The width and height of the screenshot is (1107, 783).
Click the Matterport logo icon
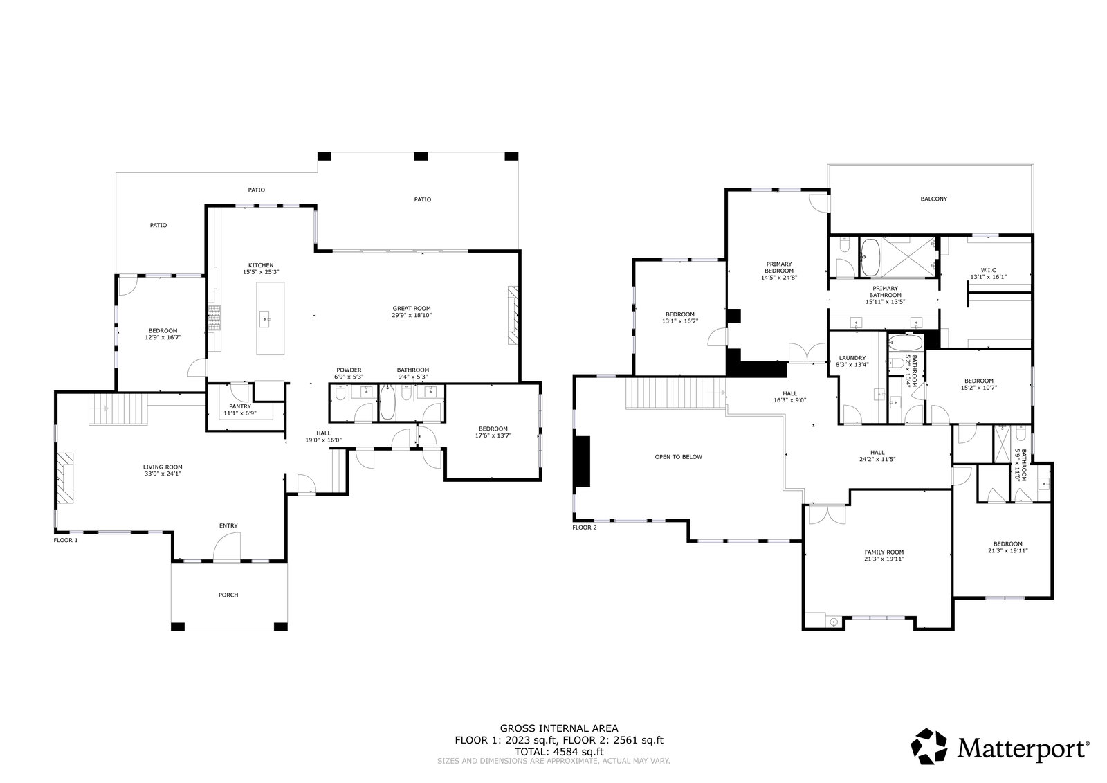929,746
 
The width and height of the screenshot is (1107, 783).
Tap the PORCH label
228,595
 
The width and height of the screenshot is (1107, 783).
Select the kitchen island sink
266,319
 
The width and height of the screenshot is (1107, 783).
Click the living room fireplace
65,478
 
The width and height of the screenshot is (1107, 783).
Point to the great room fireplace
513,314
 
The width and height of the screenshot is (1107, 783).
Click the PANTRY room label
239,406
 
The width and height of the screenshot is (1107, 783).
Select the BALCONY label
933,199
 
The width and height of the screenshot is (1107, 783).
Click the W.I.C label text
989,270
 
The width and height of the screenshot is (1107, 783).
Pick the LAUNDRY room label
852,358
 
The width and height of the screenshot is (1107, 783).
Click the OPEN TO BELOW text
678,456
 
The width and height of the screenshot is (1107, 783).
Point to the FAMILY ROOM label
884,552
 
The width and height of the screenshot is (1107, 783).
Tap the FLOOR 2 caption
584,528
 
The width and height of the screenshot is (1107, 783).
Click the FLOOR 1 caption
66,540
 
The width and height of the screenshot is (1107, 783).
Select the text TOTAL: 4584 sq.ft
559,751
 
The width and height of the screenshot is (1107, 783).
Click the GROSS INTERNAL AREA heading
559,728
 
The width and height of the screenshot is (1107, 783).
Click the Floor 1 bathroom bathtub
387,402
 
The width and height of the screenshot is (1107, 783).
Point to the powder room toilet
340,393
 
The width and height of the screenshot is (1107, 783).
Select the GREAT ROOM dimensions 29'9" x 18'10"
412,315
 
